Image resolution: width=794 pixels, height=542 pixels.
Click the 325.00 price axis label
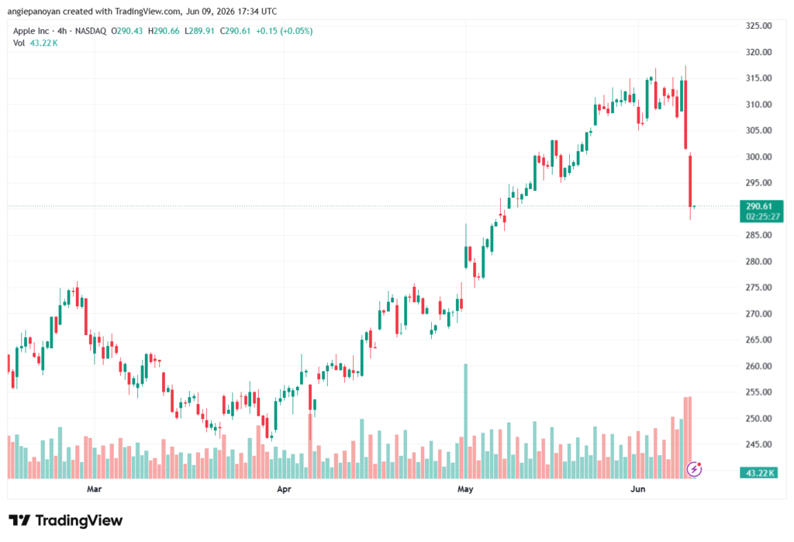[x=758, y=26]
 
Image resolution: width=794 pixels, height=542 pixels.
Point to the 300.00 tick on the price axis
[x=758, y=157]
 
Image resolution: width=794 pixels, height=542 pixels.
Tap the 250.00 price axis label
[x=758, y=419]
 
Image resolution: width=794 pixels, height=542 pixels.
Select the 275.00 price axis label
[x=758, y=287]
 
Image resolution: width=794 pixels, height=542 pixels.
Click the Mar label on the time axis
[x=94, y=488]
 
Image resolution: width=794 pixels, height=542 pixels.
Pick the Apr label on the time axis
[x=284, y=488]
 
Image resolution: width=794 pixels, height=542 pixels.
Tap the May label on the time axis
[x=465, y=488]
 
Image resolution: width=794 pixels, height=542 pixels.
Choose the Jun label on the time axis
[x=637, y=488]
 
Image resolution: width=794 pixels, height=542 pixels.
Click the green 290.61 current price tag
[x=761, y=211]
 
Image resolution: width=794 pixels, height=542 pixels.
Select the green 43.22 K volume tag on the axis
[x=758, y=473]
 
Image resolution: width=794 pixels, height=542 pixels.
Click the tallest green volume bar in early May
[x=466, y=421]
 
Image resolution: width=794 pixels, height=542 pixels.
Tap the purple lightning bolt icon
[x=694, y=470]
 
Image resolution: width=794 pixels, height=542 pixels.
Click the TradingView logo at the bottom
[x=66, y=520]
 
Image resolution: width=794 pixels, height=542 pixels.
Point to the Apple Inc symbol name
[x=31, y=31]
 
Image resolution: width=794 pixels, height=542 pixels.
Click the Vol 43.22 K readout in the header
[x=36, y=43]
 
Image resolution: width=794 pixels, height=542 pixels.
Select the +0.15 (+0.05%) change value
[x=284, y=31]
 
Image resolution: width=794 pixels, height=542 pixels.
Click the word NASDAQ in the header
[x=91, y=31]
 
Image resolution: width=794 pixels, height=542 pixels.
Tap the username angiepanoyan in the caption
[x=34, y=12]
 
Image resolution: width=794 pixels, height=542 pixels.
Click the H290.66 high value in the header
[x=164, y=31]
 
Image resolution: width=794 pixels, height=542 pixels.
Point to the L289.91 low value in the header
[x=199, y=31]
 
